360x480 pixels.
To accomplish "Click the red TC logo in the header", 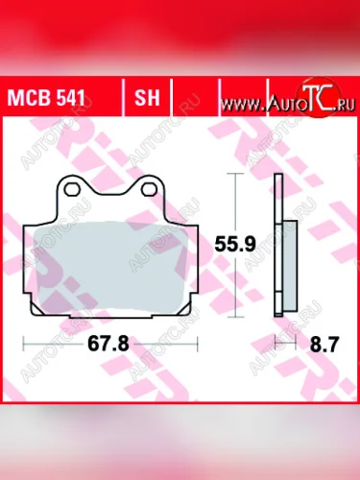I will tap(307, 96).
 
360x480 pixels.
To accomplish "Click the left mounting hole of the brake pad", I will tap(69, 190).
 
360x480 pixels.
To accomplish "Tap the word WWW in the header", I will tap(245, 100).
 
